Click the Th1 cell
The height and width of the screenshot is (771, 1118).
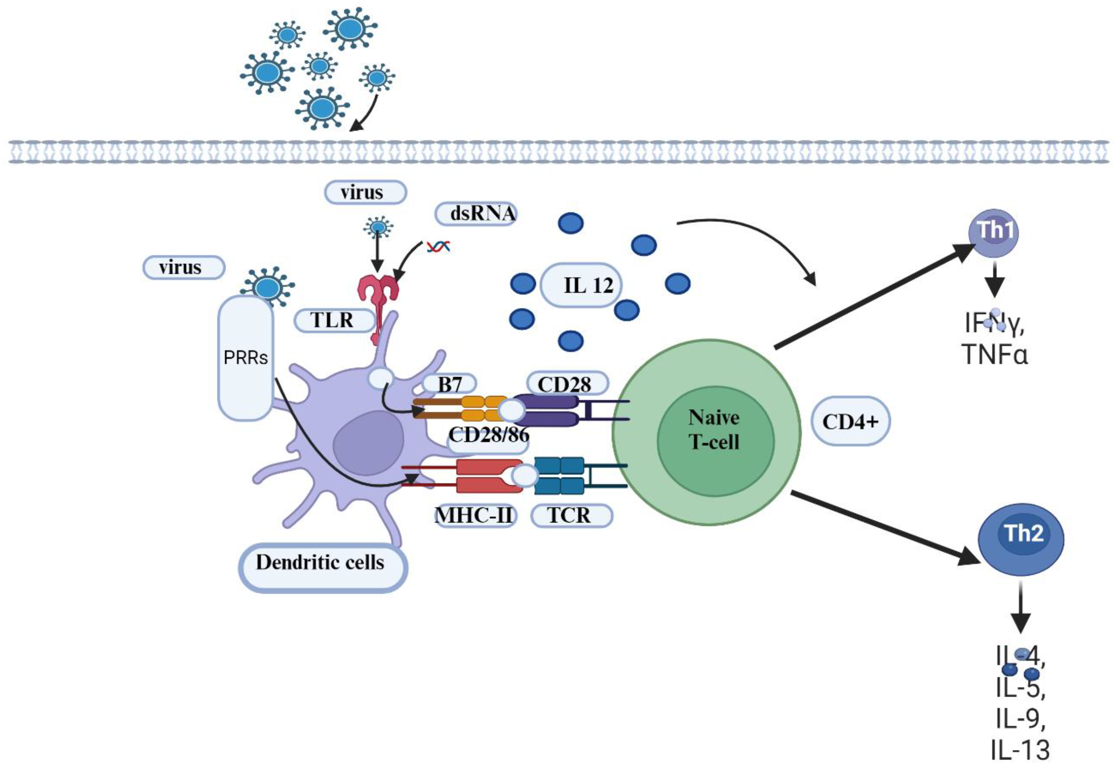[994, 232]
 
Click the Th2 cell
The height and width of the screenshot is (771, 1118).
[1021, 539]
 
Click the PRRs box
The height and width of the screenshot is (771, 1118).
[246, 357]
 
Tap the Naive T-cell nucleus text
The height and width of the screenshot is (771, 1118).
[714, 429]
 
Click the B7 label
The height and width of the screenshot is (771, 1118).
[449, 384]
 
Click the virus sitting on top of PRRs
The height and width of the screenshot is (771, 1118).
[268, 287]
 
